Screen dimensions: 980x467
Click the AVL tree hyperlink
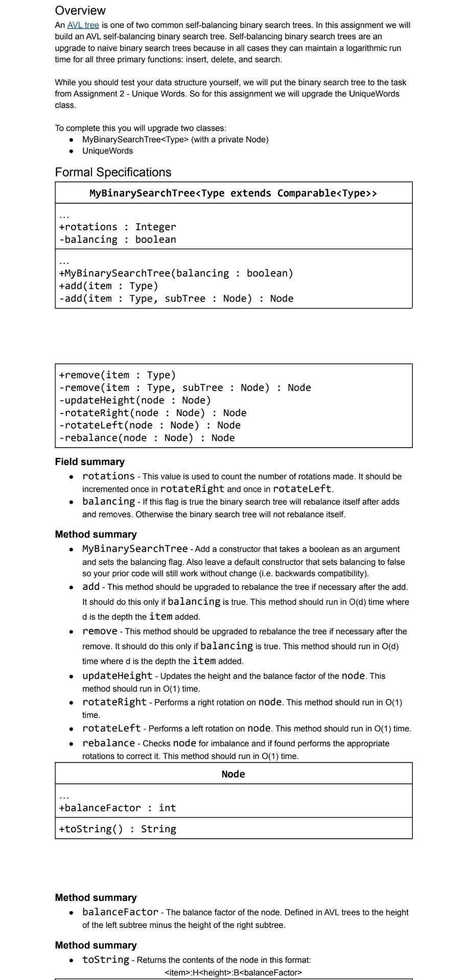(x=83, y=25)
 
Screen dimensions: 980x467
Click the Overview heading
(x=80, y=10)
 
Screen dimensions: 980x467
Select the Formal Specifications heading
(x=113, y=172)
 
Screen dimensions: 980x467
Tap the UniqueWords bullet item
(x=107, y=151)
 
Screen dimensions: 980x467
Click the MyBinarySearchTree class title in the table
(x=233, y=193)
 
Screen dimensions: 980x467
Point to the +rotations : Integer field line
(x=118, y=227)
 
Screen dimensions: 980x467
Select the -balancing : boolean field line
(x=118, y=239)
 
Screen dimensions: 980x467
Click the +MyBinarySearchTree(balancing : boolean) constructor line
(x=176, y=273)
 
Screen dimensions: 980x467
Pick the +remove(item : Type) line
(x=118, y=375)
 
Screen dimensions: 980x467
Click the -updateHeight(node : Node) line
(x=135, y=400)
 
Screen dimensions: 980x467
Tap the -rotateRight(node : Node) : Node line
(x=153, y=413)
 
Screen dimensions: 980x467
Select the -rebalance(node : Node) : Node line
(x=147, y=438)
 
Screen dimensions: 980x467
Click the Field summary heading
(x=90, y=461)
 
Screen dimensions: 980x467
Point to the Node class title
(x=233, y=774)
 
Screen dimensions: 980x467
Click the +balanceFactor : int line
(x=118, y=807)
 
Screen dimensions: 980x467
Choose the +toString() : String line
(x=118, y=828)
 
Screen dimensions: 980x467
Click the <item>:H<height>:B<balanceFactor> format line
(x=233, y=972)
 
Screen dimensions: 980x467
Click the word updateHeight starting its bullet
(x=117, y=676)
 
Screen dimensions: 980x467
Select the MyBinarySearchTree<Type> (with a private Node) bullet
(x=175, y=139)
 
